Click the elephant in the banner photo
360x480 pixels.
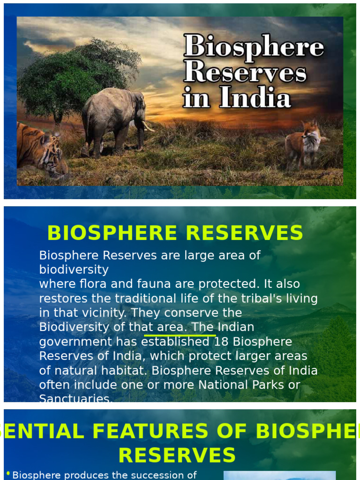pos(112,117)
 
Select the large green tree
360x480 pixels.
pos(75,75)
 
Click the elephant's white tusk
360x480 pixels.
pos(148,127)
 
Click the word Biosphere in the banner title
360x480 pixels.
pos(253,47)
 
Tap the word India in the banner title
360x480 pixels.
pos(255,98)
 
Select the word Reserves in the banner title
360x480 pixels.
pos(245,73)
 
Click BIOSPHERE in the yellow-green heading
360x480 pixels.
pos(112,233)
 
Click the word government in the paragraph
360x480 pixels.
pos(76,342)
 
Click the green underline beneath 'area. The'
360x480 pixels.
pos(180,335)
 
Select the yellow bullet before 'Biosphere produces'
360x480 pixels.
pos(8,474)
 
